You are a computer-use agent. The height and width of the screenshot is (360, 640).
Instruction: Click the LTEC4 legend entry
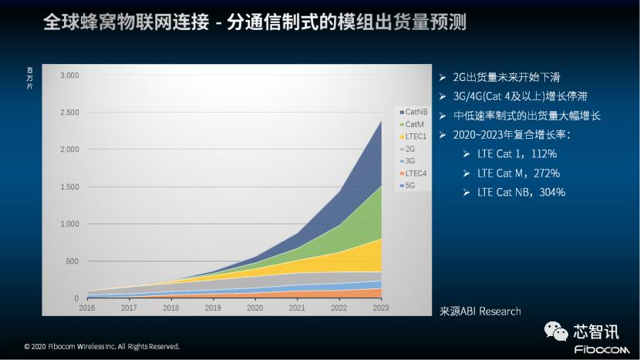(415, 173)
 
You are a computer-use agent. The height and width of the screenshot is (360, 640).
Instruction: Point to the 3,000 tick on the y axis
(69, 76)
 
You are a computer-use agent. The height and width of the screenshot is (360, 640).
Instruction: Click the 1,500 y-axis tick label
(69, 187)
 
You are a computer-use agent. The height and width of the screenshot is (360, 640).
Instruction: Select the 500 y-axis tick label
(71, 261)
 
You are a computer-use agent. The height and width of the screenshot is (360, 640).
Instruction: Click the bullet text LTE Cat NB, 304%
(521, 192)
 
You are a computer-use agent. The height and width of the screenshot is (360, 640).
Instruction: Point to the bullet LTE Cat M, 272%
(518, 173)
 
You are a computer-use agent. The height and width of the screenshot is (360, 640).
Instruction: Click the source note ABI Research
(480, 311)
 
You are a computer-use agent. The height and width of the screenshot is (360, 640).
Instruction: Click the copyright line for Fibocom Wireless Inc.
(102, 347)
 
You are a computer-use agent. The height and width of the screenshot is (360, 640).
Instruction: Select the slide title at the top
(254, 22)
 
